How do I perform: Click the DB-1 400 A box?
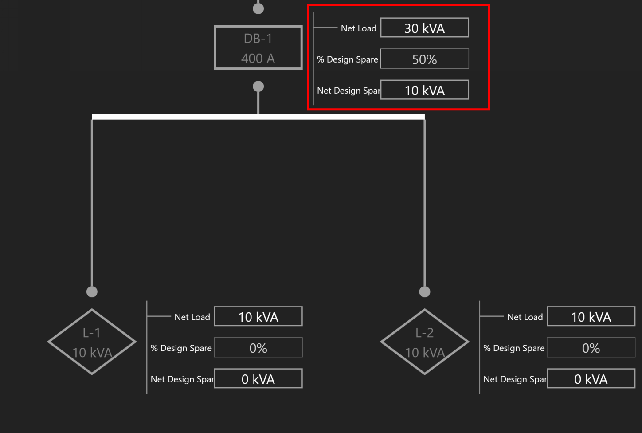click(258, 47)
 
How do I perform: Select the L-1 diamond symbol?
click(92, 342)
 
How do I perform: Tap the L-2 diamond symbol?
click(425, 342)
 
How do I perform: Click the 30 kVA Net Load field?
click(424, 28)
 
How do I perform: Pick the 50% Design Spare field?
click(424, 59)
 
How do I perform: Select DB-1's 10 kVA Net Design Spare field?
click(424, 90)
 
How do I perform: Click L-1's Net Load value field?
click(258, 317)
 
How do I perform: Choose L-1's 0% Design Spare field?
click(258, 348)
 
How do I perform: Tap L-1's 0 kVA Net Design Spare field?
click(258, 379)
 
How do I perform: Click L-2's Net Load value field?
click(591, 317)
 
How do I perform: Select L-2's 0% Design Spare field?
click(591, 348)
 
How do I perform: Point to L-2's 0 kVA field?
click(591, 379)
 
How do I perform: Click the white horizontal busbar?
click(258, 117)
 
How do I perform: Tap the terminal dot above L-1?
click(92, 291)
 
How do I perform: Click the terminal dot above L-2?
click(425, 291)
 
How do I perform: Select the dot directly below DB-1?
click(258, 86)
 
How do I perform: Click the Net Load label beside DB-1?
click(358, 28)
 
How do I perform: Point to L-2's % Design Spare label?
click(514, 348)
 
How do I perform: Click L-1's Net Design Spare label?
click(182, 379)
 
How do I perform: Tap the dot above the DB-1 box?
click(258, 8)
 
